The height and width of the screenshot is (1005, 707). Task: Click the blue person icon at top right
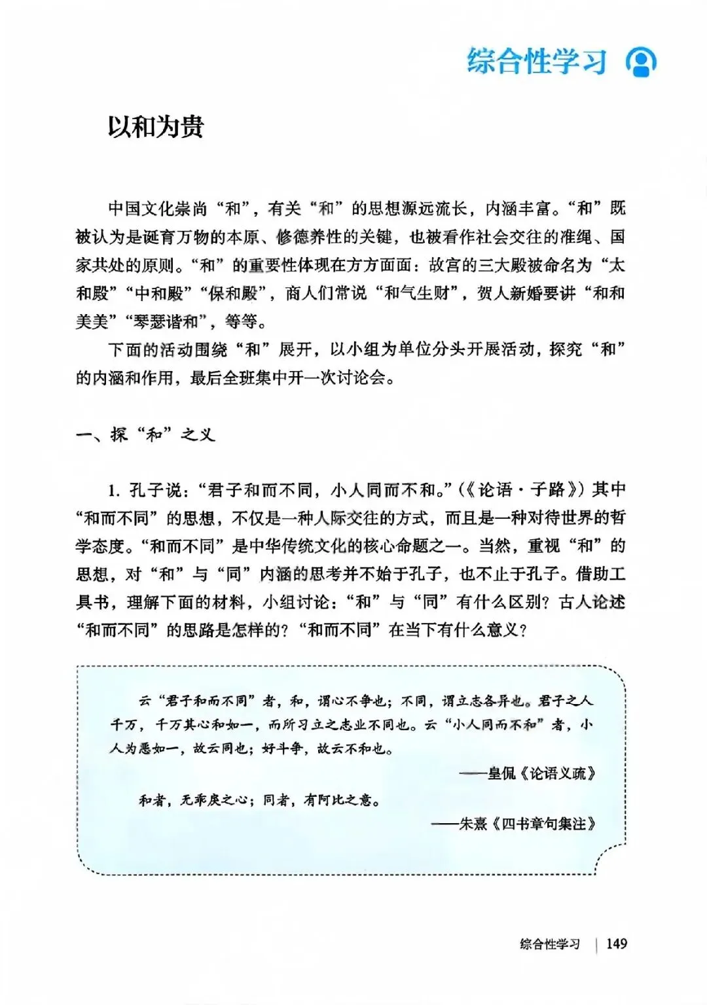point(641,62)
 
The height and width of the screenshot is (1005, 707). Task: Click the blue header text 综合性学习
point(537,62)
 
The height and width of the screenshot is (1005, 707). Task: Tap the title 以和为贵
point(156,126)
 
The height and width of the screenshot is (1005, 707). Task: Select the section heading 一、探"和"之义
point(145,434)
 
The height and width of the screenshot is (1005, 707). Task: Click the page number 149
point(616,943)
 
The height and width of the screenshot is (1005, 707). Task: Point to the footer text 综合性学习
point(550,943)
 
